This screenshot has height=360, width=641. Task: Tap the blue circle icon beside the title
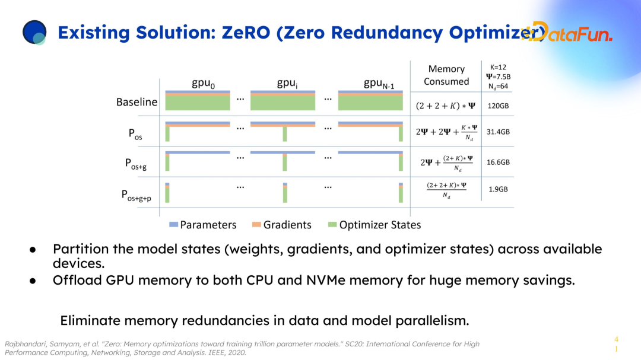[34, 33]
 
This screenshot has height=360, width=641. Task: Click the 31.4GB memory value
[499, 132]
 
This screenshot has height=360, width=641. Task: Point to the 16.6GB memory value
[499, 161]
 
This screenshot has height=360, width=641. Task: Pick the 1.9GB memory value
[497, 189]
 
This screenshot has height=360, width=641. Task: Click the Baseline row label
[137, 102]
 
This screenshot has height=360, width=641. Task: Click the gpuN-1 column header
[378, 84]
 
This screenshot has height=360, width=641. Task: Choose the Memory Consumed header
[446, 75]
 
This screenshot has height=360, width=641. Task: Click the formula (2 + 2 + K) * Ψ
[446, 106]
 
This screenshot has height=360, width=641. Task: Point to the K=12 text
[498, 67]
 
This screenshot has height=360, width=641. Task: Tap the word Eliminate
[89, 321]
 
